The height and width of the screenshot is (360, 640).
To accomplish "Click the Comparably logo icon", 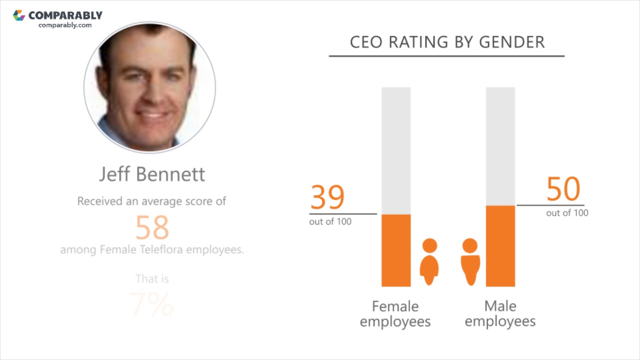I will coord(19,15).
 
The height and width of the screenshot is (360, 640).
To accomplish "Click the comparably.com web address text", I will coord(65,25).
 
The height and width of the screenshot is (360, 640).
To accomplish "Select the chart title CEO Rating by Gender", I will coord(447,42).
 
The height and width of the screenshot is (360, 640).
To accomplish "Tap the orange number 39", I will coord(327,197).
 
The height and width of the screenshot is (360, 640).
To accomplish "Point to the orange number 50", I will coord(563,189).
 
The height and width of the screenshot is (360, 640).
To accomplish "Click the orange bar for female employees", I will coord(396,250).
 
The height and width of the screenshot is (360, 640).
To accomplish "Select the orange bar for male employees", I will coord(500,246).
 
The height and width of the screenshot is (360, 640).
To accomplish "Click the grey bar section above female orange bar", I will coord(396,150).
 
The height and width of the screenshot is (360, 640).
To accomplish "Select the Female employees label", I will coord(395,313).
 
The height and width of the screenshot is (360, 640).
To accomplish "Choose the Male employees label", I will coord(500,313).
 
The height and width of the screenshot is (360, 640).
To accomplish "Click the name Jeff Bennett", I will coord(152,174).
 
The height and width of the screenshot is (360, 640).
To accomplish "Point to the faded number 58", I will coord(152,228).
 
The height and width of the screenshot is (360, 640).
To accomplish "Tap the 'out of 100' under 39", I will coord(330,221).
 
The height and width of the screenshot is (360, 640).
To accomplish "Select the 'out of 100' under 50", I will coord(567,213).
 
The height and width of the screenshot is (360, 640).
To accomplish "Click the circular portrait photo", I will coord(150,87).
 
